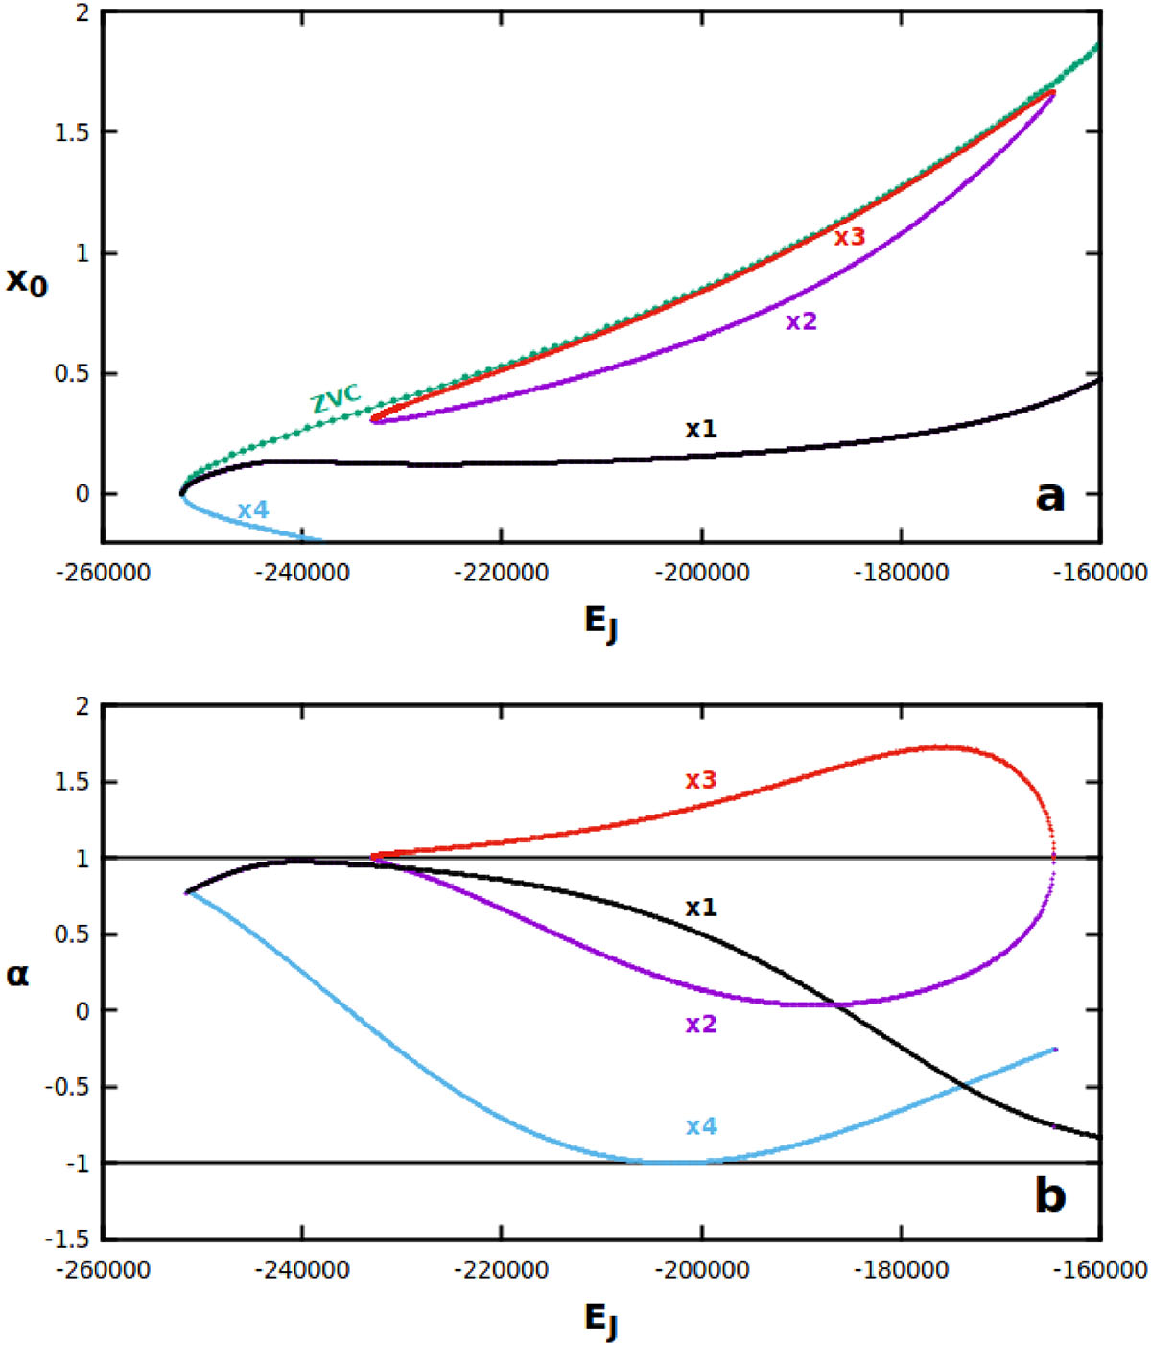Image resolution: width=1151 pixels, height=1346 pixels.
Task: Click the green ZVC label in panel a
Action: pyautogui.click(x=335, y=397)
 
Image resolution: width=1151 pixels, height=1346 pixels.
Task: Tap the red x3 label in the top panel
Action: pyautogui.click(x=849, y=237)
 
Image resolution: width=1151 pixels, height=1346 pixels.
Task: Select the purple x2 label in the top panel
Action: pyautogui.click(x=802, y=322)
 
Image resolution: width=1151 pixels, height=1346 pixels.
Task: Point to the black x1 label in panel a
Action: pyautogui.click(x=701, y=429)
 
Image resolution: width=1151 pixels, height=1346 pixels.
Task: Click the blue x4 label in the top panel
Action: pyautogui.click(x=253, y=510)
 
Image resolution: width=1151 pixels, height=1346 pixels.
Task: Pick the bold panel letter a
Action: pyautogui.click(x=1050, y=496)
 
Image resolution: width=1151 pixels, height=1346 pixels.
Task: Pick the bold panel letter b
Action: pyautogui.click(x=1050, y=1195)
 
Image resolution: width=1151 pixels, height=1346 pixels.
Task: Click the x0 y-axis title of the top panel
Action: pyautogui.click(x=27, y=280)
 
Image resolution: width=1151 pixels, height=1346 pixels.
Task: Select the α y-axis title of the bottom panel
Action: pyautogui.click(x=18, y=975)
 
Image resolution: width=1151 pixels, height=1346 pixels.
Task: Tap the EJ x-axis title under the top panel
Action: pyautogui.click(x=601, y=623)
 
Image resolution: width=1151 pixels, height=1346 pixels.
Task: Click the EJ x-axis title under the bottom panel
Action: pyautogui.click(x=601, y=1320)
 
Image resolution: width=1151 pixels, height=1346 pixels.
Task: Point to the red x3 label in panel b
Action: pyautogui.click(x=701, y=780)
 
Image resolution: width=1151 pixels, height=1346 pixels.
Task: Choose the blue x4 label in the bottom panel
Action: pyautogui.click(x=701, y=1126)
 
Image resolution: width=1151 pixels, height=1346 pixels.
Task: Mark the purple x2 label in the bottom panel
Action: pyautogui.click(x=701, y=1025)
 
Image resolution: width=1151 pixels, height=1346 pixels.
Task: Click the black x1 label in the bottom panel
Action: pyautogui.click(x=701, y=908)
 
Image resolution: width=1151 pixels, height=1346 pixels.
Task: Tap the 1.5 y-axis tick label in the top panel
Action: pyautogui.click(x=73, y=132)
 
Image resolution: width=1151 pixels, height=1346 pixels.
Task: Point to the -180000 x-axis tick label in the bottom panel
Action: pyautogui.click(x=901, y=1271)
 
